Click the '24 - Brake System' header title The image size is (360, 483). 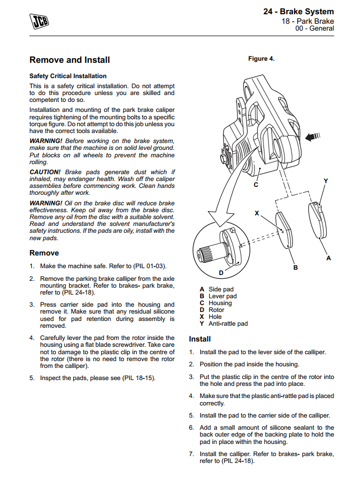tap(298, 12)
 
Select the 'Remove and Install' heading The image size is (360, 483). tap(70, 60)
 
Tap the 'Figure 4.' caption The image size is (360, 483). tap(261, 59)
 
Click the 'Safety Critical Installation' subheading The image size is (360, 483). tap(68, 76)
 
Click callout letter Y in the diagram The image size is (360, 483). tap(326, 182)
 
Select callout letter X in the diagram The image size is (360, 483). tap(257, 213)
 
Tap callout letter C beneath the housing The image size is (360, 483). tap(255, 185)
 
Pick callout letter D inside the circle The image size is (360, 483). tap(221, 272)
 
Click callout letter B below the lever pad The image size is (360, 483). tap(296, 268)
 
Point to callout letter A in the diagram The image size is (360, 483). tap(329, 258)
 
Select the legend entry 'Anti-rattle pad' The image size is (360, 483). tap(228, 324)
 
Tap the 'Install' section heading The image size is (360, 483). tap(200, 339)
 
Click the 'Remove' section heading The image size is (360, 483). tap(44, 253)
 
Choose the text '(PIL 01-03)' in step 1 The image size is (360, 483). tap(154, 266)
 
